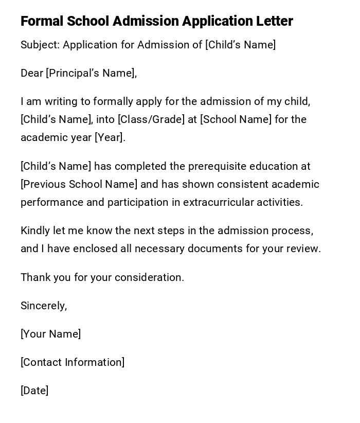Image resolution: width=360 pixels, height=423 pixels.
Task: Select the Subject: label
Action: tap(40, 45)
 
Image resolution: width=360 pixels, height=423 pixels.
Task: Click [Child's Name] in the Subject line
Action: tap(240, 45)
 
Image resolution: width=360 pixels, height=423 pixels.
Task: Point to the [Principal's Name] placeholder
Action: tap(91, 73)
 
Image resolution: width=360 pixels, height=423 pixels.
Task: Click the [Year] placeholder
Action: tap(110, 137)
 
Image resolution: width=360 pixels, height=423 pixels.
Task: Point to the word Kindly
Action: tap(35, 231)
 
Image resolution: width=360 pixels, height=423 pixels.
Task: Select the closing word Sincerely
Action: tap(43, 306)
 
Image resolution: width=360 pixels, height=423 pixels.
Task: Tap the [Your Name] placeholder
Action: tap(50, 334)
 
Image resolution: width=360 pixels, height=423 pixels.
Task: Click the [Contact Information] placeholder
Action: tap(73, 362)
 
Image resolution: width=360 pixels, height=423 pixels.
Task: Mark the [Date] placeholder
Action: tap(34, 391)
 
